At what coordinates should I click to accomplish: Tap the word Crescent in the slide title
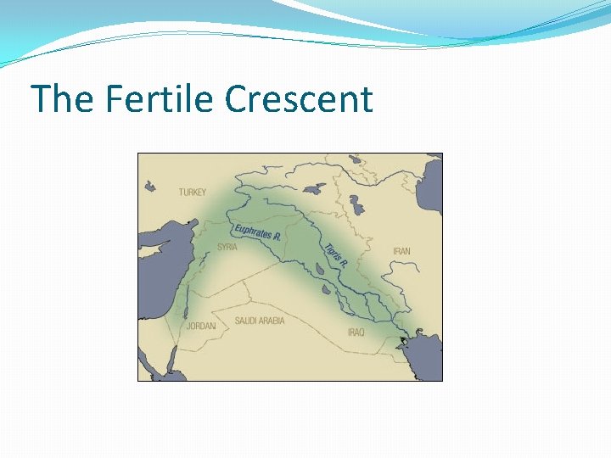click(299, 99)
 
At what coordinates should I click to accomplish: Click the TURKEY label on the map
click(192, 193)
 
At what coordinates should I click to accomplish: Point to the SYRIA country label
click(227, 247)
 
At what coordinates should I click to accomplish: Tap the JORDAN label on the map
click(201, 326)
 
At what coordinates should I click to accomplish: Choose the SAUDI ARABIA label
click(260, 321)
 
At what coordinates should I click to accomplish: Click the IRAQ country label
click(356, 332)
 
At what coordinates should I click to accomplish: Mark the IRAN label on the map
click(401, 251)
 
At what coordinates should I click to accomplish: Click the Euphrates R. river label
click(257, 232)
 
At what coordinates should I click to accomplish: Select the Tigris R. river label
click(336, 256)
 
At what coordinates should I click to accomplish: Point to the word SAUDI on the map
click(246, 321)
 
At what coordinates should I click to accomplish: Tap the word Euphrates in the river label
click(252, 230)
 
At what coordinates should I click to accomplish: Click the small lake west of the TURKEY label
click(150, 187)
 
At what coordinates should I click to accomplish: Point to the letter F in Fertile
click(113, 99)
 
